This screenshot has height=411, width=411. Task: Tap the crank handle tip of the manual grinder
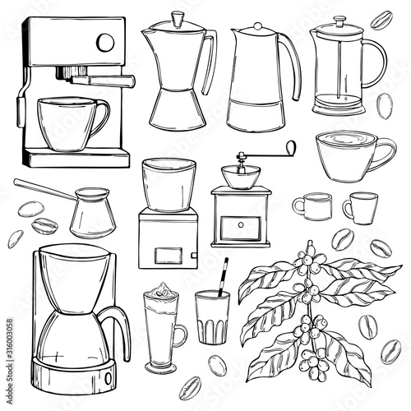[289, 148]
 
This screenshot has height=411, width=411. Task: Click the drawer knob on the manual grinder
[241, 223]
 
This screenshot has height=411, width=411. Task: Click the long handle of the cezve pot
[45, 188]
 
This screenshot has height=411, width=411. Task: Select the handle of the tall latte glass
[181, 335]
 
